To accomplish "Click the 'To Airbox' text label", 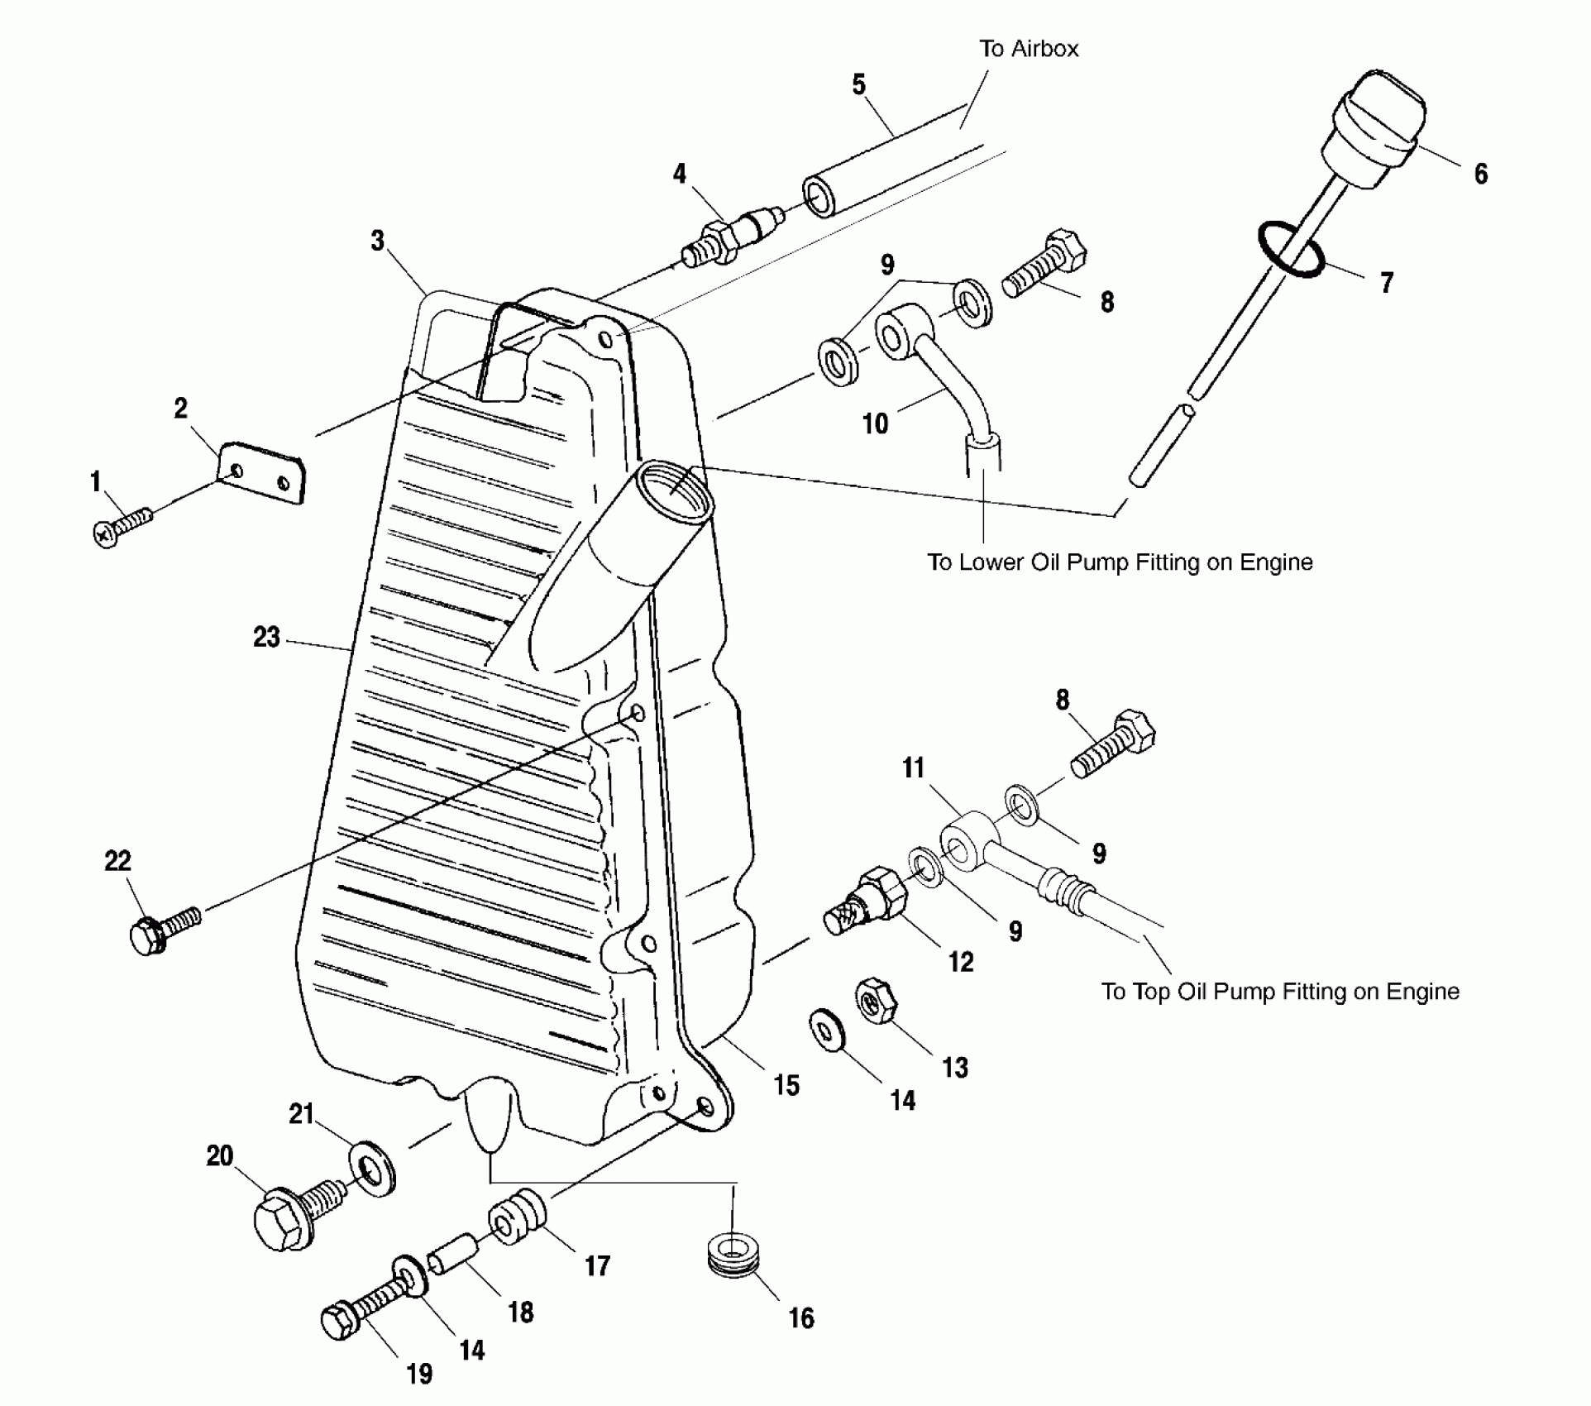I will (1029, 49).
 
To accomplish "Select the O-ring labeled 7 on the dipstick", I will (1291, 251).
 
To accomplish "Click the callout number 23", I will (266, 638).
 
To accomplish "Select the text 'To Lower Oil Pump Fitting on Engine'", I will (1120, 562).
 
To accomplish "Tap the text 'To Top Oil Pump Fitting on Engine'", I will (1279, 991).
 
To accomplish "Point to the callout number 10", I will (875, 423).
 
